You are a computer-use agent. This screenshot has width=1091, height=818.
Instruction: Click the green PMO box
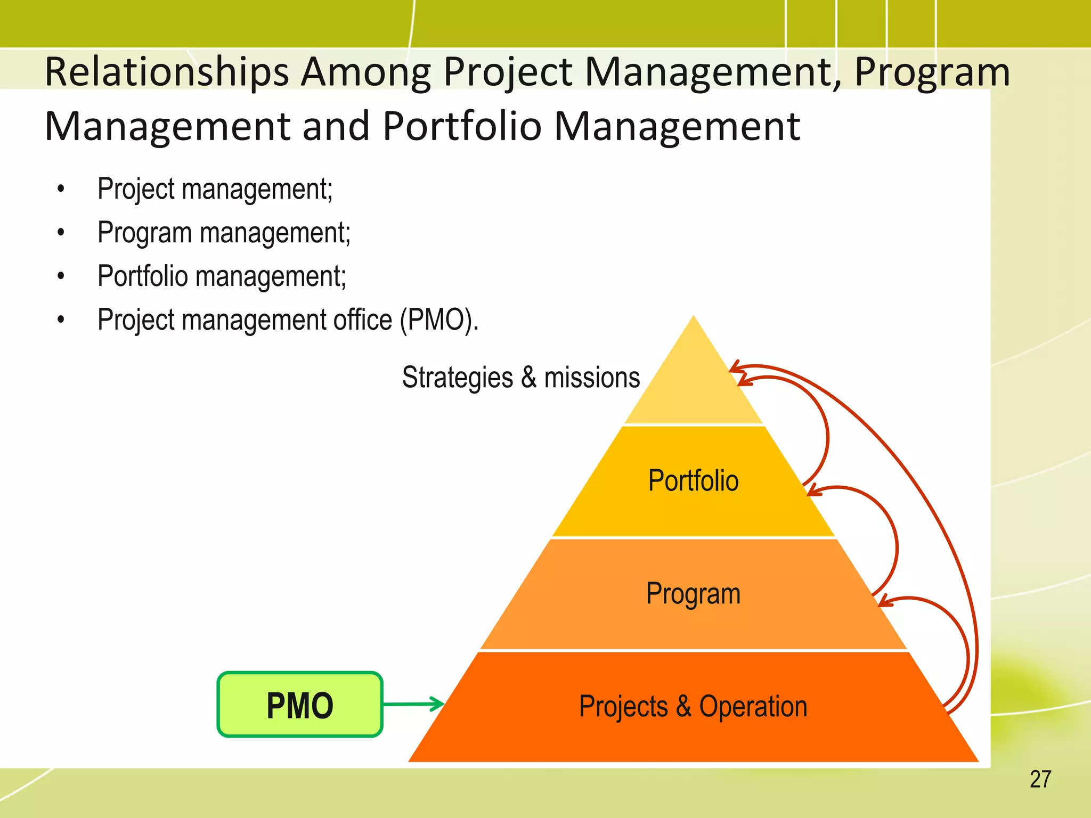(300, 705)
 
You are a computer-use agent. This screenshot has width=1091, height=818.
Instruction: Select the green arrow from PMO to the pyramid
(413, 704)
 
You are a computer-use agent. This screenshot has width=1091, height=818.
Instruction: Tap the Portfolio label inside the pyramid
(693, 480)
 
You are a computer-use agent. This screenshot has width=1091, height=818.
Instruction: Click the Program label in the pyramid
(693, 593)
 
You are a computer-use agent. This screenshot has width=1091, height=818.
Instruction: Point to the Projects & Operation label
(693, 707)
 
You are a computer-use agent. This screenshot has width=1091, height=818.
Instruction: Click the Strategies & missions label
(520, 378)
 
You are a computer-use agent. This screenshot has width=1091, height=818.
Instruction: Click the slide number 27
(1040, 779)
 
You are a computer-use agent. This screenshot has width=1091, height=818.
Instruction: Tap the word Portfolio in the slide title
(462, 126)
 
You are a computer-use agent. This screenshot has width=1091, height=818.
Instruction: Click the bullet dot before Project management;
(61, 189)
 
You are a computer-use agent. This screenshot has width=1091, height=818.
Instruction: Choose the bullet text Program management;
(224, 233)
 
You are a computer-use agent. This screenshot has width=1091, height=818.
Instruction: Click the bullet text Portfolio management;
(222, 276)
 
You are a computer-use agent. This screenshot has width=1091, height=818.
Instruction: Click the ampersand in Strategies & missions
(528, 378)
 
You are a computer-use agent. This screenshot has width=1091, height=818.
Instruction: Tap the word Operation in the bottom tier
(753, 707)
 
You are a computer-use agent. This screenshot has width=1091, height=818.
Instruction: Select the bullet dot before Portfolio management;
(61, 276)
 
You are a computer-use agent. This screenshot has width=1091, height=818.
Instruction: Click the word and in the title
(336, 126)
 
